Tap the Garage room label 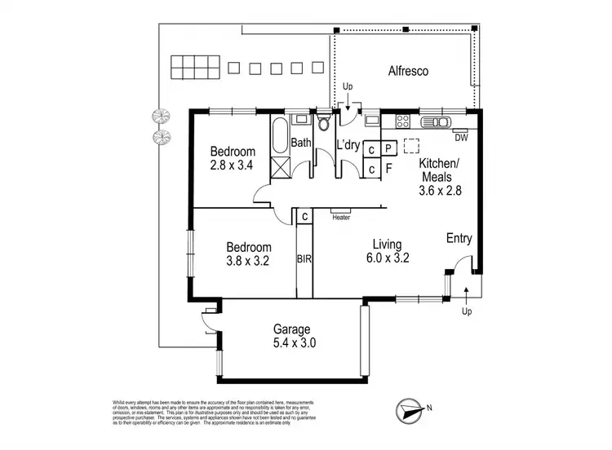click(x=294, y=329)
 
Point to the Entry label click(x=459, y=238)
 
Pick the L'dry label click(x=348, y=145)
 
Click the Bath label click(x=302, y=145)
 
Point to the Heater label click(x=341, y=217)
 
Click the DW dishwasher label click(x=460, y=137)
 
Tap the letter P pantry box click(x=388, y=149)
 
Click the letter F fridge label click(x=388, y=170)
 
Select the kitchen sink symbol click(x=437, y=123)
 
